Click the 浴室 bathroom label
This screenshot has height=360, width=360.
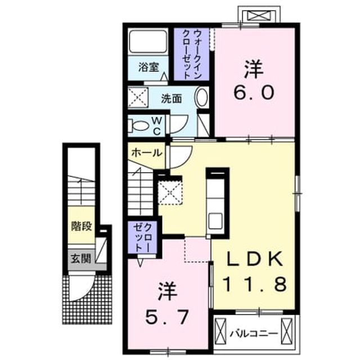[x=148, y=67]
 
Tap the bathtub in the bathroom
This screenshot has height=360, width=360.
[x=148, y=42]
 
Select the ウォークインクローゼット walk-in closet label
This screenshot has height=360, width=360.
[x=191, y=55]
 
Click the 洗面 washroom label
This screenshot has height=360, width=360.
[x=171, y=99]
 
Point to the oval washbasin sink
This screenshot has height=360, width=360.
[x=202, y=97]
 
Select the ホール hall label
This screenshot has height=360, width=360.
[x=146, y=152]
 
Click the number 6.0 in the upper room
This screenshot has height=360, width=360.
[x=254, y=92]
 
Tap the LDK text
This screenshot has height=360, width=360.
[x=255, y=259]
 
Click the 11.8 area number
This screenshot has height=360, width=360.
[x=255, y=284]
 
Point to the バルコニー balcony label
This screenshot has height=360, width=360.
[x=254, y=334]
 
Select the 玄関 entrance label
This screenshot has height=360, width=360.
[x=81, y=259]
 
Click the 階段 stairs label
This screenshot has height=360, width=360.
[x=82, y=226]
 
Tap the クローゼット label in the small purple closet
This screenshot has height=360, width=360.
[x=142, y=238]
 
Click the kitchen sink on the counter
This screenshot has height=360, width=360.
[x=215, y=221]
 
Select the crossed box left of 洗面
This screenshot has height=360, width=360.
[x=138, y=97]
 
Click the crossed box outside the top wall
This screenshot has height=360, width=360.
[x=259, y=16]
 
